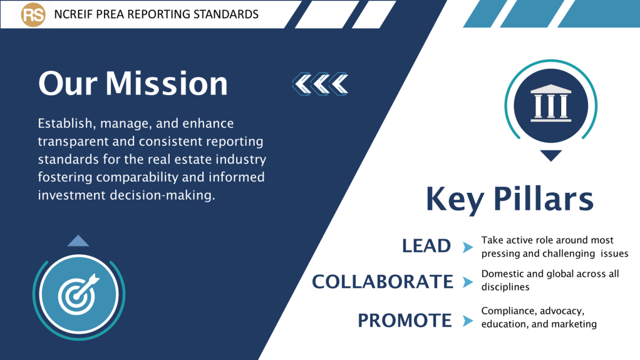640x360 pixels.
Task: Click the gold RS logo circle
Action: tap(33, 14)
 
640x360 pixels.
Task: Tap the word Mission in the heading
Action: tap(167, 84)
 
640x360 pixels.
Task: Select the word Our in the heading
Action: tap(68, 84)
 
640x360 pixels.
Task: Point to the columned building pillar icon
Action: tap(551, 103)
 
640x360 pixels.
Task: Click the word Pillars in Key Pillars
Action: tap(544, 198)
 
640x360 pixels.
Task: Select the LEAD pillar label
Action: tap(426, 245)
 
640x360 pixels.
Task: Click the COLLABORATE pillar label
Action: tap(383, 282)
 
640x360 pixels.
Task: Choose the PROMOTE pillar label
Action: tap(405, 321)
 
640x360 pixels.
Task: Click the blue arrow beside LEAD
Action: tap(468, 247)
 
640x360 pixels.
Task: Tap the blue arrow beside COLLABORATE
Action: tap(468, 282)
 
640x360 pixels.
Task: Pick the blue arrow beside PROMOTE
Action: tap(468, 321)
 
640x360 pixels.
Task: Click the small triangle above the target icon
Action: tap(78, 241)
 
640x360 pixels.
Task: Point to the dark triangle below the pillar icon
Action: tap(551, 155)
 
